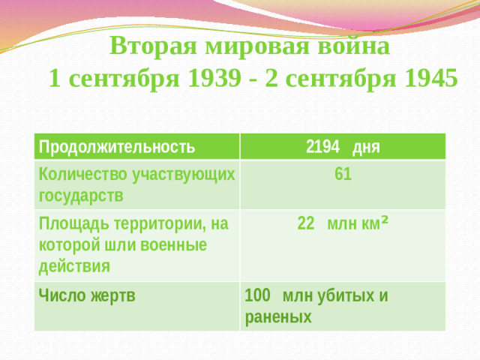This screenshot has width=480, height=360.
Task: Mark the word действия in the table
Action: pos(73,265)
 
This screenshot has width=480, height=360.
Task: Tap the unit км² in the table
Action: pos(373,223)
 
